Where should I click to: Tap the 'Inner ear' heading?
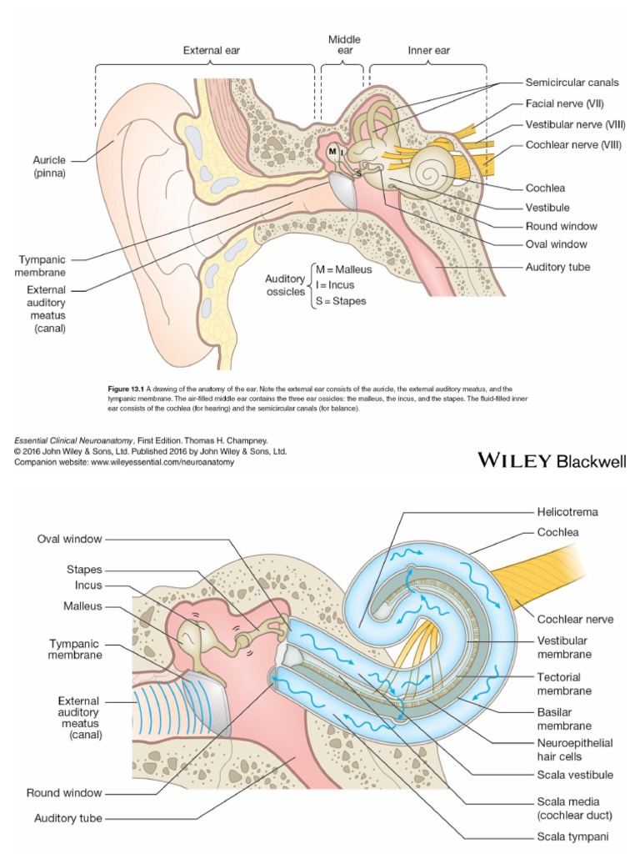tap(428, 51)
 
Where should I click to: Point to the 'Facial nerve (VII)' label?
tap(564, 103)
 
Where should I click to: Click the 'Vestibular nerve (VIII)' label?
tap(575, 124)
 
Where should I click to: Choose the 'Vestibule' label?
tap(547, 207)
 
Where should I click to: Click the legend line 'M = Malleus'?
tap(343, 270)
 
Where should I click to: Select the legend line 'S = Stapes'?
tap(340, 301)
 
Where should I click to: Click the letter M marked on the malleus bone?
tap(332, 151)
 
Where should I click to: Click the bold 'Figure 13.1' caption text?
tap(127, 389)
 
